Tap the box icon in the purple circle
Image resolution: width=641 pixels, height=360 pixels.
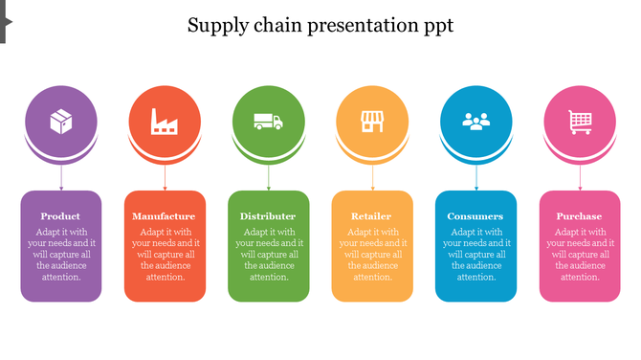pos(61,122)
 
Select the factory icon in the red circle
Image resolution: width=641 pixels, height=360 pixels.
pos(165,122)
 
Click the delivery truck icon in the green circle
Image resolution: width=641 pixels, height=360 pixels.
pos(269,122)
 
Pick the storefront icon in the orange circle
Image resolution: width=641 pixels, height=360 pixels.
pos(372,122)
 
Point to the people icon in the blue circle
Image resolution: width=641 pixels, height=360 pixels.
pos(475,122)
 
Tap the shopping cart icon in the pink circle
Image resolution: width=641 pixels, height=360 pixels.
pos(580,122)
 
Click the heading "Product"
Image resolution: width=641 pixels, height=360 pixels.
pos(61,216)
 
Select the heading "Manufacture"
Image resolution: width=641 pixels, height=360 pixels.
pos(165,216)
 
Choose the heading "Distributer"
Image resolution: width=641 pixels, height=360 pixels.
pos(269,216)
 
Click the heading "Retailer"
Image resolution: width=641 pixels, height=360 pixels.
pos(372,216)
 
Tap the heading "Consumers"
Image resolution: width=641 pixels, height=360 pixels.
pos(475,216)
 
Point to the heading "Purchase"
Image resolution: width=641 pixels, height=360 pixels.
pos(580,216)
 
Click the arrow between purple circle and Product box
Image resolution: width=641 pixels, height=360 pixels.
pos(61,178)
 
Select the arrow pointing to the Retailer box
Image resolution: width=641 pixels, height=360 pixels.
pos(372,178)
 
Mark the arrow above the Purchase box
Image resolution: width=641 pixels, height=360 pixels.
pos(580,178)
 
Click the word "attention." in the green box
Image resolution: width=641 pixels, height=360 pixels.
pos(269,278)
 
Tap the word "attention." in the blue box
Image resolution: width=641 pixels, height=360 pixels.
pos(475,278)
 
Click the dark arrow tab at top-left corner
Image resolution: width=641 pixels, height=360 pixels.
pos(5,21)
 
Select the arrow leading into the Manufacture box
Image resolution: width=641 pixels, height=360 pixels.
pos(165,178)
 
